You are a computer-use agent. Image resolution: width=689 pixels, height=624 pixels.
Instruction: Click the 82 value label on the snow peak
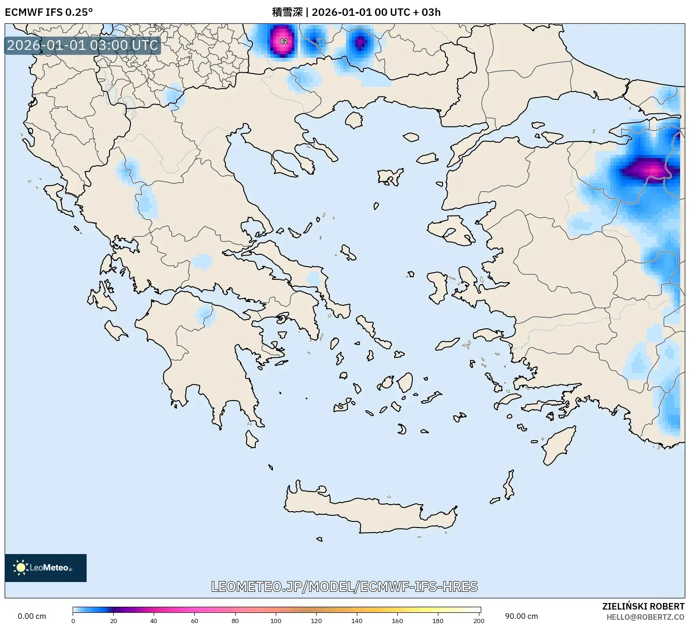(284, 41)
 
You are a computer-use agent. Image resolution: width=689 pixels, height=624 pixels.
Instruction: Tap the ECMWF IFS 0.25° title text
(49, 12)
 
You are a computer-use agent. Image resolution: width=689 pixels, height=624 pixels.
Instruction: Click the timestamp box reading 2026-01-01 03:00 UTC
(82, 45)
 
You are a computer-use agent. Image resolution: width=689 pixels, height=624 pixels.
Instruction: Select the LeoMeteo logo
(46, 568)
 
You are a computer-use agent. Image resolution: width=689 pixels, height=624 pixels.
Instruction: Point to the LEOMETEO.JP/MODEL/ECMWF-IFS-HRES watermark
(344, 586)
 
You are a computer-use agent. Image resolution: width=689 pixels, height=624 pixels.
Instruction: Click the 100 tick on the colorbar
(276, 620)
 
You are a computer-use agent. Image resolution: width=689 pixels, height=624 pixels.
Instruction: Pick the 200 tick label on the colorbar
(478, 620)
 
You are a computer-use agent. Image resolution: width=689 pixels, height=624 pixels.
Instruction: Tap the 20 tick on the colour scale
(114, 620)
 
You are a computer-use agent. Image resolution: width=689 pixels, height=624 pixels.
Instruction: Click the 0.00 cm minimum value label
(32, 616)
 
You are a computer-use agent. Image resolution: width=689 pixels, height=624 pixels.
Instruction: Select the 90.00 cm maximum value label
(521, 616)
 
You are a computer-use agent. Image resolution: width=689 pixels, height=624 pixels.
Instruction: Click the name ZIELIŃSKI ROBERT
(643, 607)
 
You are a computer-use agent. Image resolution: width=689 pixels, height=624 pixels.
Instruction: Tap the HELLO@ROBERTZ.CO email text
(645, 617)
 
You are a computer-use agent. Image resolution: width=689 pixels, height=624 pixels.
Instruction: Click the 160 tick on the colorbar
(397, 620)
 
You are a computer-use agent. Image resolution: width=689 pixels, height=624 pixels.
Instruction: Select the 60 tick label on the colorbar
(195, 620)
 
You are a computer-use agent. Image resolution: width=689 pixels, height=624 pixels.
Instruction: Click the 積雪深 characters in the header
(287, 12)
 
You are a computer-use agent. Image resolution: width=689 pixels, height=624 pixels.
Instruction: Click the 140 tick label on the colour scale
(357, 620)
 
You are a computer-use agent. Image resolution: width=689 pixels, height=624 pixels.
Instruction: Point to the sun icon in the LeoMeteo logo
(21, 568)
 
